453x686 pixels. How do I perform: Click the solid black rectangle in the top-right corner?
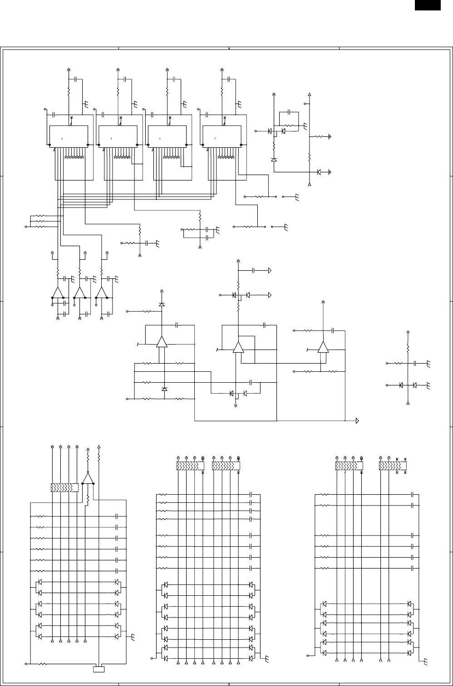[428, 5]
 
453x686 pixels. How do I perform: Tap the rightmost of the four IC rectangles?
[221, 136]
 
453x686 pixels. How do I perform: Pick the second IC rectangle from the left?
[118, 136]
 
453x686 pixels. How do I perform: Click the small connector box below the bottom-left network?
[98, 669]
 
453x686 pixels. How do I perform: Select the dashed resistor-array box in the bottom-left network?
[64, 488]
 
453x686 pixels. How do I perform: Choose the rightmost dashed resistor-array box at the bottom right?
[393, 466]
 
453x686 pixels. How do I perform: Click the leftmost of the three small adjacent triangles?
[58, 292]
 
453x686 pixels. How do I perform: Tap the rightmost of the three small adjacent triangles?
[101, 292]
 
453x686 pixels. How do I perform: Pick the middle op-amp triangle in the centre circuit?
[238, 347]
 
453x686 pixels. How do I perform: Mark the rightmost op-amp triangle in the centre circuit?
[323, 347]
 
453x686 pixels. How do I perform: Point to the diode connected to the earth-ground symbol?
[319, 172]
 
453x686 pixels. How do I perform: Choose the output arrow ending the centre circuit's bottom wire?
[358, 420]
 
